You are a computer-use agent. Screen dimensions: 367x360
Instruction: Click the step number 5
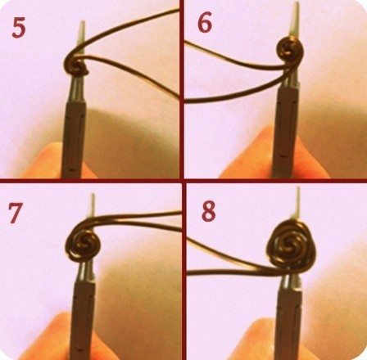click(x=19, y=27)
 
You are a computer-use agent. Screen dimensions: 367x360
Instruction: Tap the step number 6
click(x=205, y=23)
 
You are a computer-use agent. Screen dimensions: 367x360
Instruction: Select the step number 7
click(x=16, y=213)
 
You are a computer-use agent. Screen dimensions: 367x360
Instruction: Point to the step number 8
click(x=209, y=211)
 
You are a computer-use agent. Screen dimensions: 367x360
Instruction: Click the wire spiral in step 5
click(x=76, y=65)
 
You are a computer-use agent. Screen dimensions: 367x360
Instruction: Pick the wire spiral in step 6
click(x=290, y=51)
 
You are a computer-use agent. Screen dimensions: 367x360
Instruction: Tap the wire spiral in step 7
click(x=83, y=244)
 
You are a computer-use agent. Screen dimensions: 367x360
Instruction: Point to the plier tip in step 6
click(x=296, y=20)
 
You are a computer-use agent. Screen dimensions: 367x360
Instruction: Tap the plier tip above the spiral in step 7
click(x=93, y=205)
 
